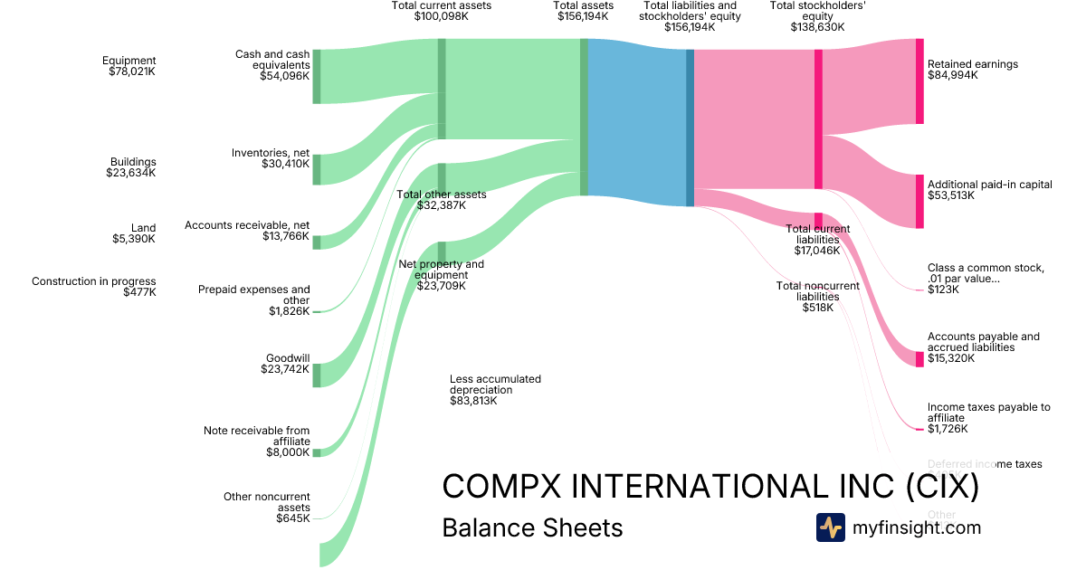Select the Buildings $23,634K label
click(133, 167)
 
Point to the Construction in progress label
click(94, 287)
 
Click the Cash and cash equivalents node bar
click(317, 76)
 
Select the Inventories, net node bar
click(317, 169)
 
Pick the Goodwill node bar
click(317, 375)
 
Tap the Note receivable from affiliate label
click(257, 442)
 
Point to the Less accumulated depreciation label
click(495, 389)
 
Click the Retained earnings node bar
click(919, 81)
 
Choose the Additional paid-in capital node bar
click(919, 202)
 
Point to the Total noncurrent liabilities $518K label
click(817, 296)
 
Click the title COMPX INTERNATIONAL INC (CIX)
click(710, 486)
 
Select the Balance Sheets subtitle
click(532, 527)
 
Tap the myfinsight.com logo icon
click(830, 527)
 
